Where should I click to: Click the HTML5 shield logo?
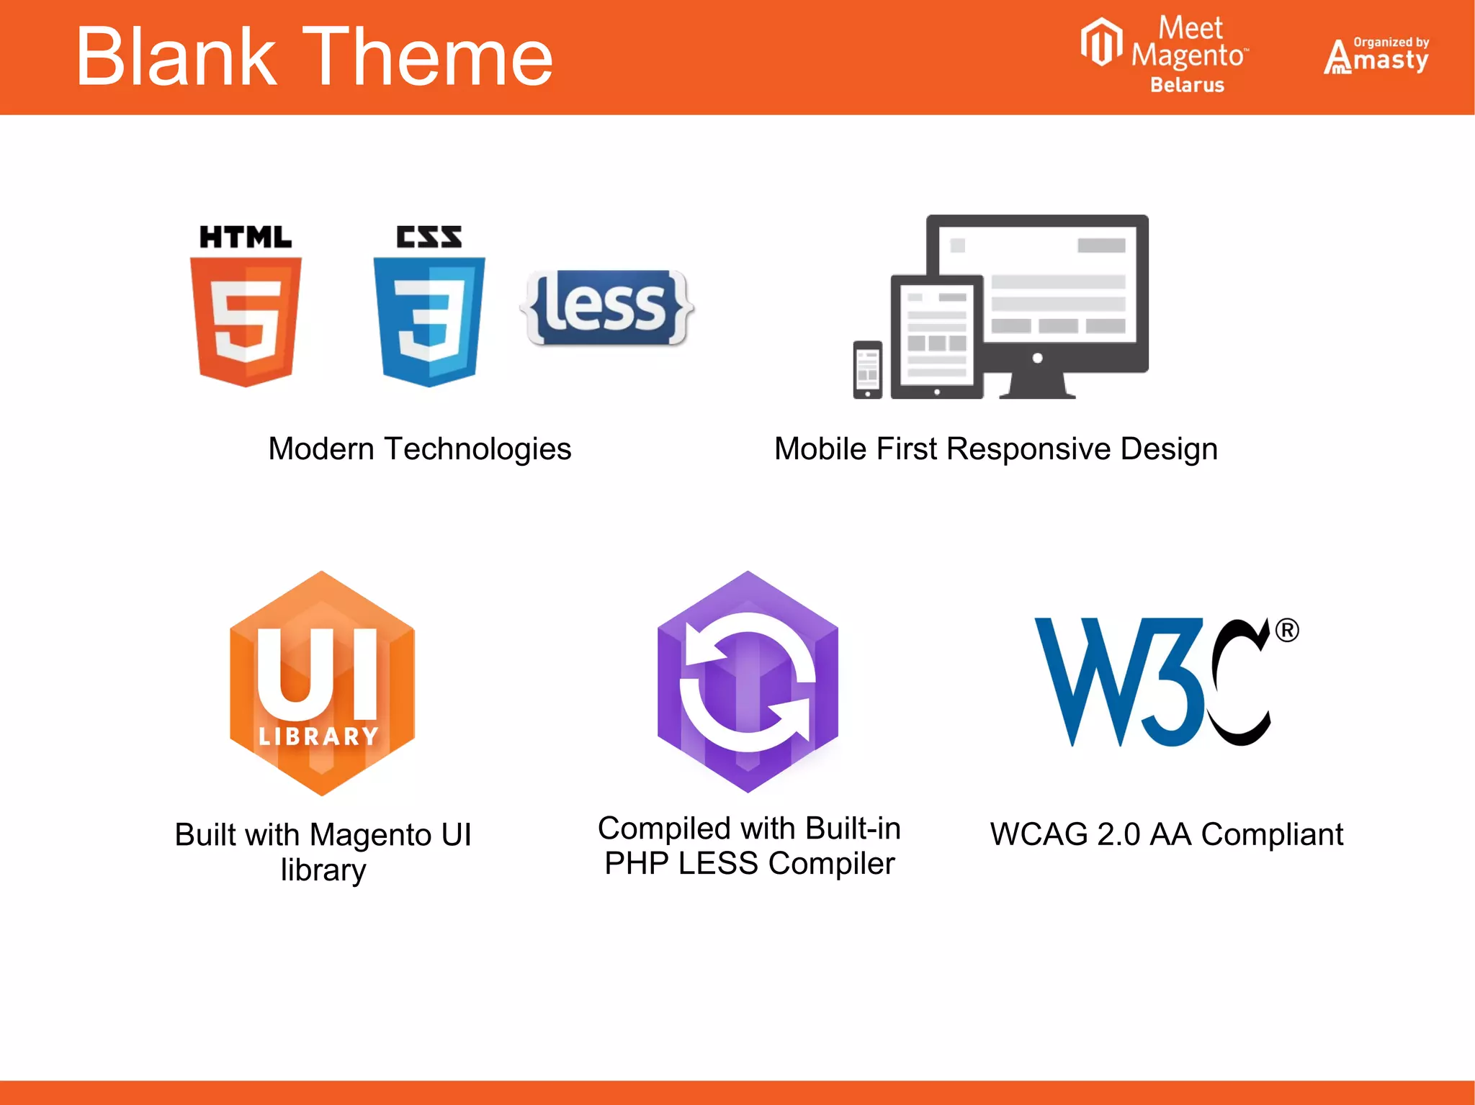(246, 320)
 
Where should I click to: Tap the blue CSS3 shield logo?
(429, 320)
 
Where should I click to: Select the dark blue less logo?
(607, 307)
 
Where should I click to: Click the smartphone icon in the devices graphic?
(868, 369)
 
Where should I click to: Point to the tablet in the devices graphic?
(936, 336)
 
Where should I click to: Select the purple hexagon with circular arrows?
(748, 681)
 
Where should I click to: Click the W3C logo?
(1152, 681)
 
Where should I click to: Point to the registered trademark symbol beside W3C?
(1287, 631)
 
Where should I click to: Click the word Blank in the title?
(176, 58)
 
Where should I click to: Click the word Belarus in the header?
(1187, 85)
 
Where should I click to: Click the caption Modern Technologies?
(420, 448)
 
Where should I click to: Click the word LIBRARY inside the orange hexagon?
(318, 736)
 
